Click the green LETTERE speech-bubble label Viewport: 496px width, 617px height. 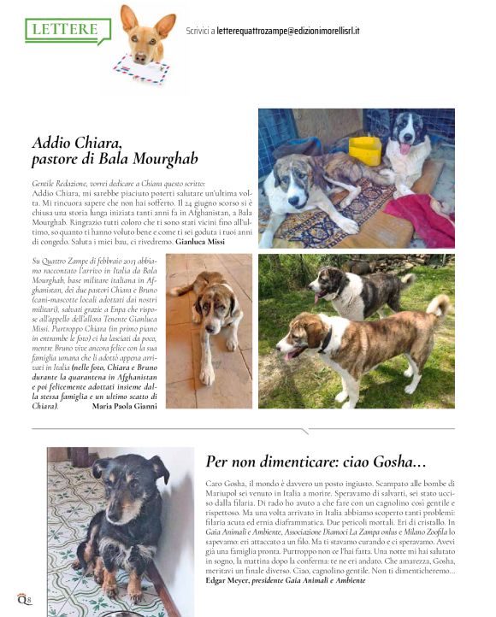(66, 29)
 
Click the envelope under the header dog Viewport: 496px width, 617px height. (141, 71)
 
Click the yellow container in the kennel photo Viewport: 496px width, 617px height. (365, 149)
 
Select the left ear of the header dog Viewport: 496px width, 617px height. (129, 16)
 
